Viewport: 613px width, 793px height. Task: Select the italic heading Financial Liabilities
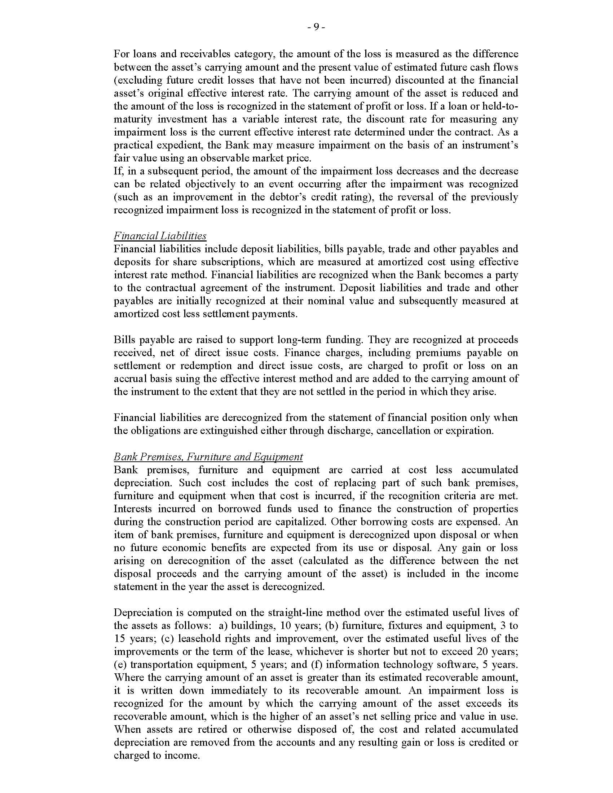point(160,236)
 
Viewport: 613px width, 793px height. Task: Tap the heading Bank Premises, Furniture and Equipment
point(208,457)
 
